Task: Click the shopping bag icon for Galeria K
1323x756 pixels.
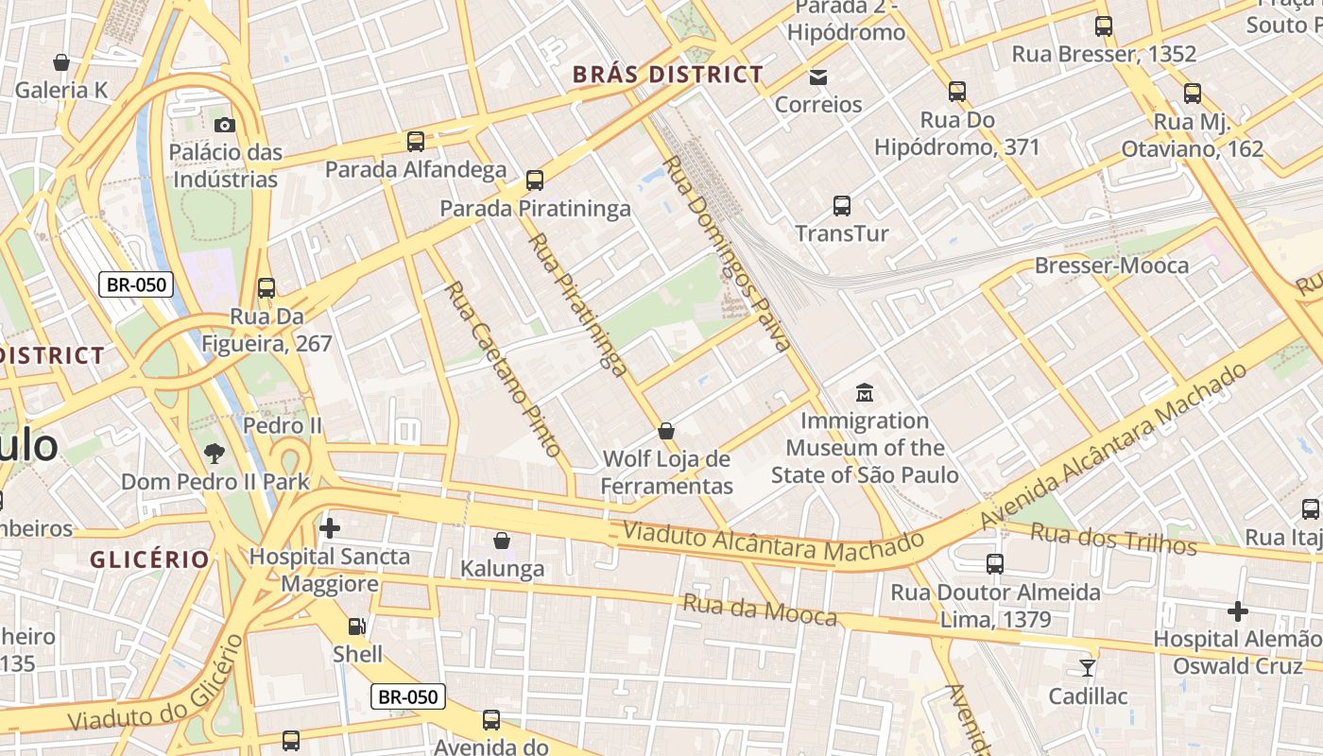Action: (x=61, y=63)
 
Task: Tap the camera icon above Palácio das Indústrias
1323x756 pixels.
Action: (x=224, y=125)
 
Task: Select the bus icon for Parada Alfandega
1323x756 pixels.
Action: (x=416, y=142)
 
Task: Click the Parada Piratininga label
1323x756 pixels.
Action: (x=535, y=209)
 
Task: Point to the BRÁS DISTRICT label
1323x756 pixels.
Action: (x=668, y=75)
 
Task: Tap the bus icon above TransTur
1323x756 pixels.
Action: (x=842, y=205)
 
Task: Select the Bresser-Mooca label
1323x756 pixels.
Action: (x=1111, y=266)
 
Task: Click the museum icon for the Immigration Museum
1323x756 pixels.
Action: (x=865, y=392)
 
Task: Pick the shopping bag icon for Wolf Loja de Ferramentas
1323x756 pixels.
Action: (x=666, y=431)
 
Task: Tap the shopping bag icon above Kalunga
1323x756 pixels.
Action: (x=502, y=541)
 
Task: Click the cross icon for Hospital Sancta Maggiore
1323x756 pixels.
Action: (x=330, y=528)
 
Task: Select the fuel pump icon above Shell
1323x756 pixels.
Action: (x=357, y=626)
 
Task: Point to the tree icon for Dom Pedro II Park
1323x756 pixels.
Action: (x=215, y=453)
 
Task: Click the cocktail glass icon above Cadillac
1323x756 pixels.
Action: (x=1088, y=668)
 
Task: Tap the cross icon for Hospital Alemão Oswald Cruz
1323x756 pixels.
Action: (x=1237, y=611)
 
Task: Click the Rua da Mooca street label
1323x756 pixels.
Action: (x=760, y=610)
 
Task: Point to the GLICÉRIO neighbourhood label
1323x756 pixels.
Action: (x=149, y=559)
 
